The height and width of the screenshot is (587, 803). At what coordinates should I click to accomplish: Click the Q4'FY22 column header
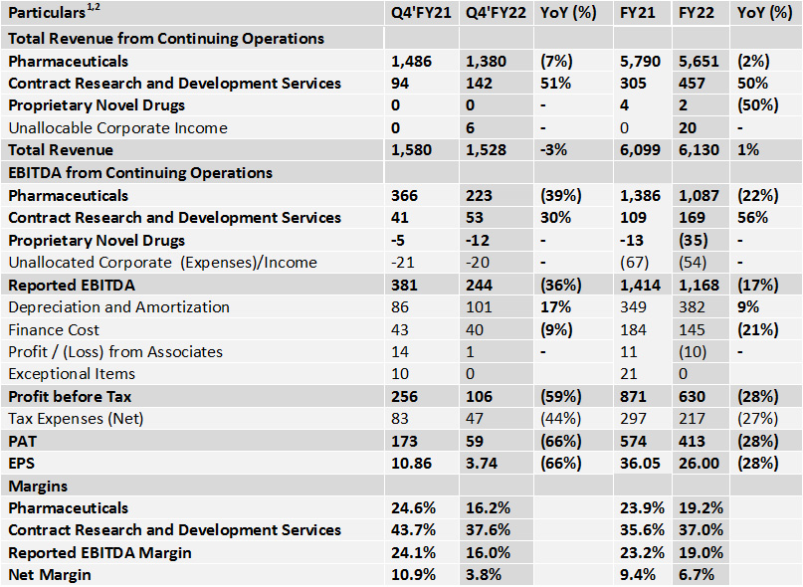(496, 12)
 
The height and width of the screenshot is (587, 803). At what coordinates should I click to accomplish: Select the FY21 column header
(637, 12)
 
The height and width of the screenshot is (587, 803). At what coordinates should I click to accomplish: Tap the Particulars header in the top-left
(54, 12)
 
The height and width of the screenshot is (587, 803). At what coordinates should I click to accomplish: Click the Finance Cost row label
(54, 330)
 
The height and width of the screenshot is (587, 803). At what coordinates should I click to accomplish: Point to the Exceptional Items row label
(72, 374)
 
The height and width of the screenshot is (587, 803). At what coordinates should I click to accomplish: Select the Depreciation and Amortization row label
(118, 307)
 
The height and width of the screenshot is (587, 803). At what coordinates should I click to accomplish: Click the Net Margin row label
(50, 575)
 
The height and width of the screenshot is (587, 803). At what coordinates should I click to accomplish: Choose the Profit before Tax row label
(70, 396)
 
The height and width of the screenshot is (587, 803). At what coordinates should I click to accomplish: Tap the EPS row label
(22, 464)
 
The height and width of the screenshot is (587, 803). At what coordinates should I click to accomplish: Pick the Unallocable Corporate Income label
(117, 128)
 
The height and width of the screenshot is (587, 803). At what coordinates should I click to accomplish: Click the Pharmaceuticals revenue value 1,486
(411, 62)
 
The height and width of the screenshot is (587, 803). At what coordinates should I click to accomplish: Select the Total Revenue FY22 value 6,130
(699, 150)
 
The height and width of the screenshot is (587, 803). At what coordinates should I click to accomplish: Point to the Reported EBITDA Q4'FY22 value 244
(479, 286)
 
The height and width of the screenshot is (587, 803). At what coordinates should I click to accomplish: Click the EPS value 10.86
(411, 464)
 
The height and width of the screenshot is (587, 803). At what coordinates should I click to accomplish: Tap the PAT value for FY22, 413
(692, 441)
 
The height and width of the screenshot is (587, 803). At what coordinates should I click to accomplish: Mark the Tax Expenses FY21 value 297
(634, 419)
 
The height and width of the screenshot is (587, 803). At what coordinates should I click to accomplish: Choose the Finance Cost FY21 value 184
(634, 330)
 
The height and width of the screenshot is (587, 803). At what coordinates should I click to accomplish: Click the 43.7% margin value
(413, 530)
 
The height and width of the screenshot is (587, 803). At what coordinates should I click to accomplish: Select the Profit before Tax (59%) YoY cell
(561, 396)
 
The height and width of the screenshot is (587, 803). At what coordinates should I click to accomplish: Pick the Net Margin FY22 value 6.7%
(697, 575)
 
